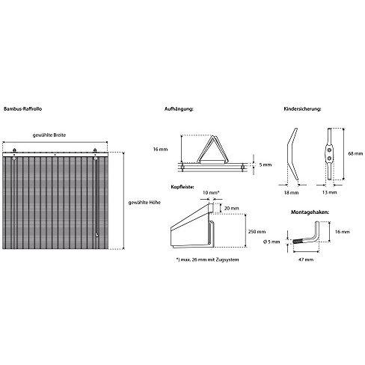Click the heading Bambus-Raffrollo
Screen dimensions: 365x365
(x=22, y=109)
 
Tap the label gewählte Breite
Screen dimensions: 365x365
(x=49, y=135)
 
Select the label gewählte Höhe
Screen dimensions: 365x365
(x=144, y=203)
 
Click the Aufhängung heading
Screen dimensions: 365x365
(x=179, y=109)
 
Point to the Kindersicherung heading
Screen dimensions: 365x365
(x=302, y=109)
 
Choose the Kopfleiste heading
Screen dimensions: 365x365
(x=182, y=187)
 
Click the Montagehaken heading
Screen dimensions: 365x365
(x=310, y=212)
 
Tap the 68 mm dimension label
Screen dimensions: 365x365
(x=355, y=153)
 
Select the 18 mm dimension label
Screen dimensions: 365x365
(x=291, y=192)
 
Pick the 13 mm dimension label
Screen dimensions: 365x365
(x=329, y=192)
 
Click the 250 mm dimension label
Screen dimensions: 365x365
(x=257, y=232)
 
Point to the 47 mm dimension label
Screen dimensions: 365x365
(x=306, y=260)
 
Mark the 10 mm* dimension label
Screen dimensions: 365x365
(x=211, y=192)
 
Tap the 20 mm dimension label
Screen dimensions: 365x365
(x=231, y=208)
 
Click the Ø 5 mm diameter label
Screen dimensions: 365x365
(x=272, y=242)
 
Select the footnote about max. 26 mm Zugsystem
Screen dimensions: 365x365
(x=207, y=260)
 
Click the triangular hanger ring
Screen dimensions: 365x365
(x=212, y=149)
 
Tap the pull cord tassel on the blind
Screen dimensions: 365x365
(x=96, y=235)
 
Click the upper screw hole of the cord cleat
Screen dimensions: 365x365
(x=330, y=150)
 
